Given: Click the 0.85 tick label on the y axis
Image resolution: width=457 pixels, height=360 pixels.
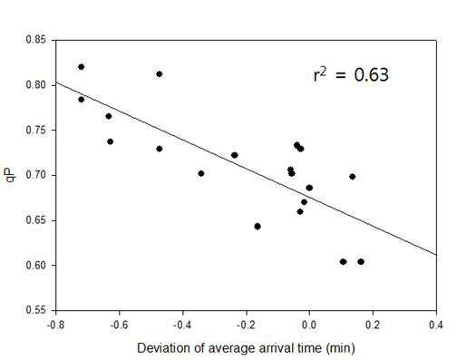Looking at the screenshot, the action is [x=35, y=40].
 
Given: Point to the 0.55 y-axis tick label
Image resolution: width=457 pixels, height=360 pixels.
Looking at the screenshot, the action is [x=35, y=310].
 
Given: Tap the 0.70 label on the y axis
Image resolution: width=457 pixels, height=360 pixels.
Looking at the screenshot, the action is [x=35, y=175].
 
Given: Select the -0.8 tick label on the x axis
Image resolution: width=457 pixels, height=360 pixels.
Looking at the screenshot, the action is [x=55, y=325].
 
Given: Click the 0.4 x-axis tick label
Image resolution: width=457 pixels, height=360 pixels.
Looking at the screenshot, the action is [x=436, y=325].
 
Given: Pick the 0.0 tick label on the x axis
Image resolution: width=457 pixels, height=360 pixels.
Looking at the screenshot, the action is [x=309, y=325].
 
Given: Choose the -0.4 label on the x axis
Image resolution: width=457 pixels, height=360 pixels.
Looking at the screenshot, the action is [x=182, y=325].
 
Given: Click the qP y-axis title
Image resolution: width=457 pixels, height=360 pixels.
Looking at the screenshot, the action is [x=11, y=175].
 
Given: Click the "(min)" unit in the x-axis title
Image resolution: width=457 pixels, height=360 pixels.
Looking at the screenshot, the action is [x=340, y=348].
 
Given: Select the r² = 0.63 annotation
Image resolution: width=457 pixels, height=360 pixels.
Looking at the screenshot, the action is [x=351, y=74].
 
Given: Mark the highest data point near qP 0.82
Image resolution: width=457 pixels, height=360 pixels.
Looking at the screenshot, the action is [x=81, y=67].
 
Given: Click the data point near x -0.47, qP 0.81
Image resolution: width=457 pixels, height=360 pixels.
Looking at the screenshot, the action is [x=160, y=74].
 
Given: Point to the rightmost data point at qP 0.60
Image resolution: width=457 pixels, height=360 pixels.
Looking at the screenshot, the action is [x=361, y=262].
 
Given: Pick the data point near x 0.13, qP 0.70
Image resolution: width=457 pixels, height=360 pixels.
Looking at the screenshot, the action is [x=352, y=177].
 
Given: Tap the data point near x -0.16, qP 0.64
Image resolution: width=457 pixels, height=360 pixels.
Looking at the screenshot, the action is [x=258, y=227].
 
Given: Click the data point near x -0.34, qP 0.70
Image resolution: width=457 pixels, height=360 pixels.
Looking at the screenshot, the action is [x=201, y=173].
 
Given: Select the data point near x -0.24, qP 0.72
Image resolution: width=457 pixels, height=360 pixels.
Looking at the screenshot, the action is [x=234, y=155].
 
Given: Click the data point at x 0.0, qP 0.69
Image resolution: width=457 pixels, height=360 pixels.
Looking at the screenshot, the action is [x=309, y=188].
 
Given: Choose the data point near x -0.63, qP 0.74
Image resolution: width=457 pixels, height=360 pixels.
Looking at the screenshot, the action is [x=110, y=141].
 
